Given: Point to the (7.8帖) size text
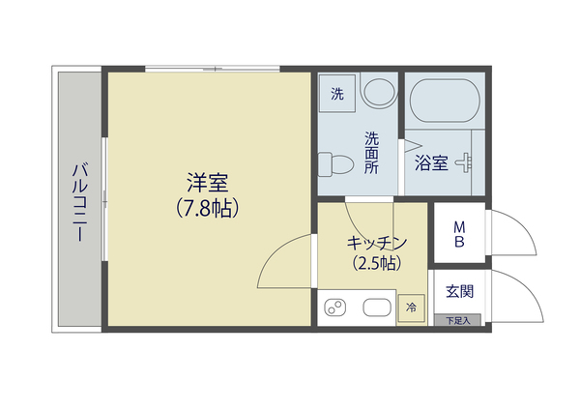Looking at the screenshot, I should (208, 206).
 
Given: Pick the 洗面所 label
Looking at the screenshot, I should (372, 151).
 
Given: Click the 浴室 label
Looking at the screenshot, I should (431, 162).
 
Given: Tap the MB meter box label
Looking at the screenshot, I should (460, 235).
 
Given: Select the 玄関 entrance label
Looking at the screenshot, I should (459, 290).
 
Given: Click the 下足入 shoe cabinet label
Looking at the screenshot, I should (457, 320).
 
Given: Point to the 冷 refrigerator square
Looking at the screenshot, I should (411, 308).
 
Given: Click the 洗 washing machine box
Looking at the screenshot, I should (338, 94).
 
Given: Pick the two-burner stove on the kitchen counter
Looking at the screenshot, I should (336, 308).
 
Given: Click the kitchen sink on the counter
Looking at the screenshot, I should (375, 308).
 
